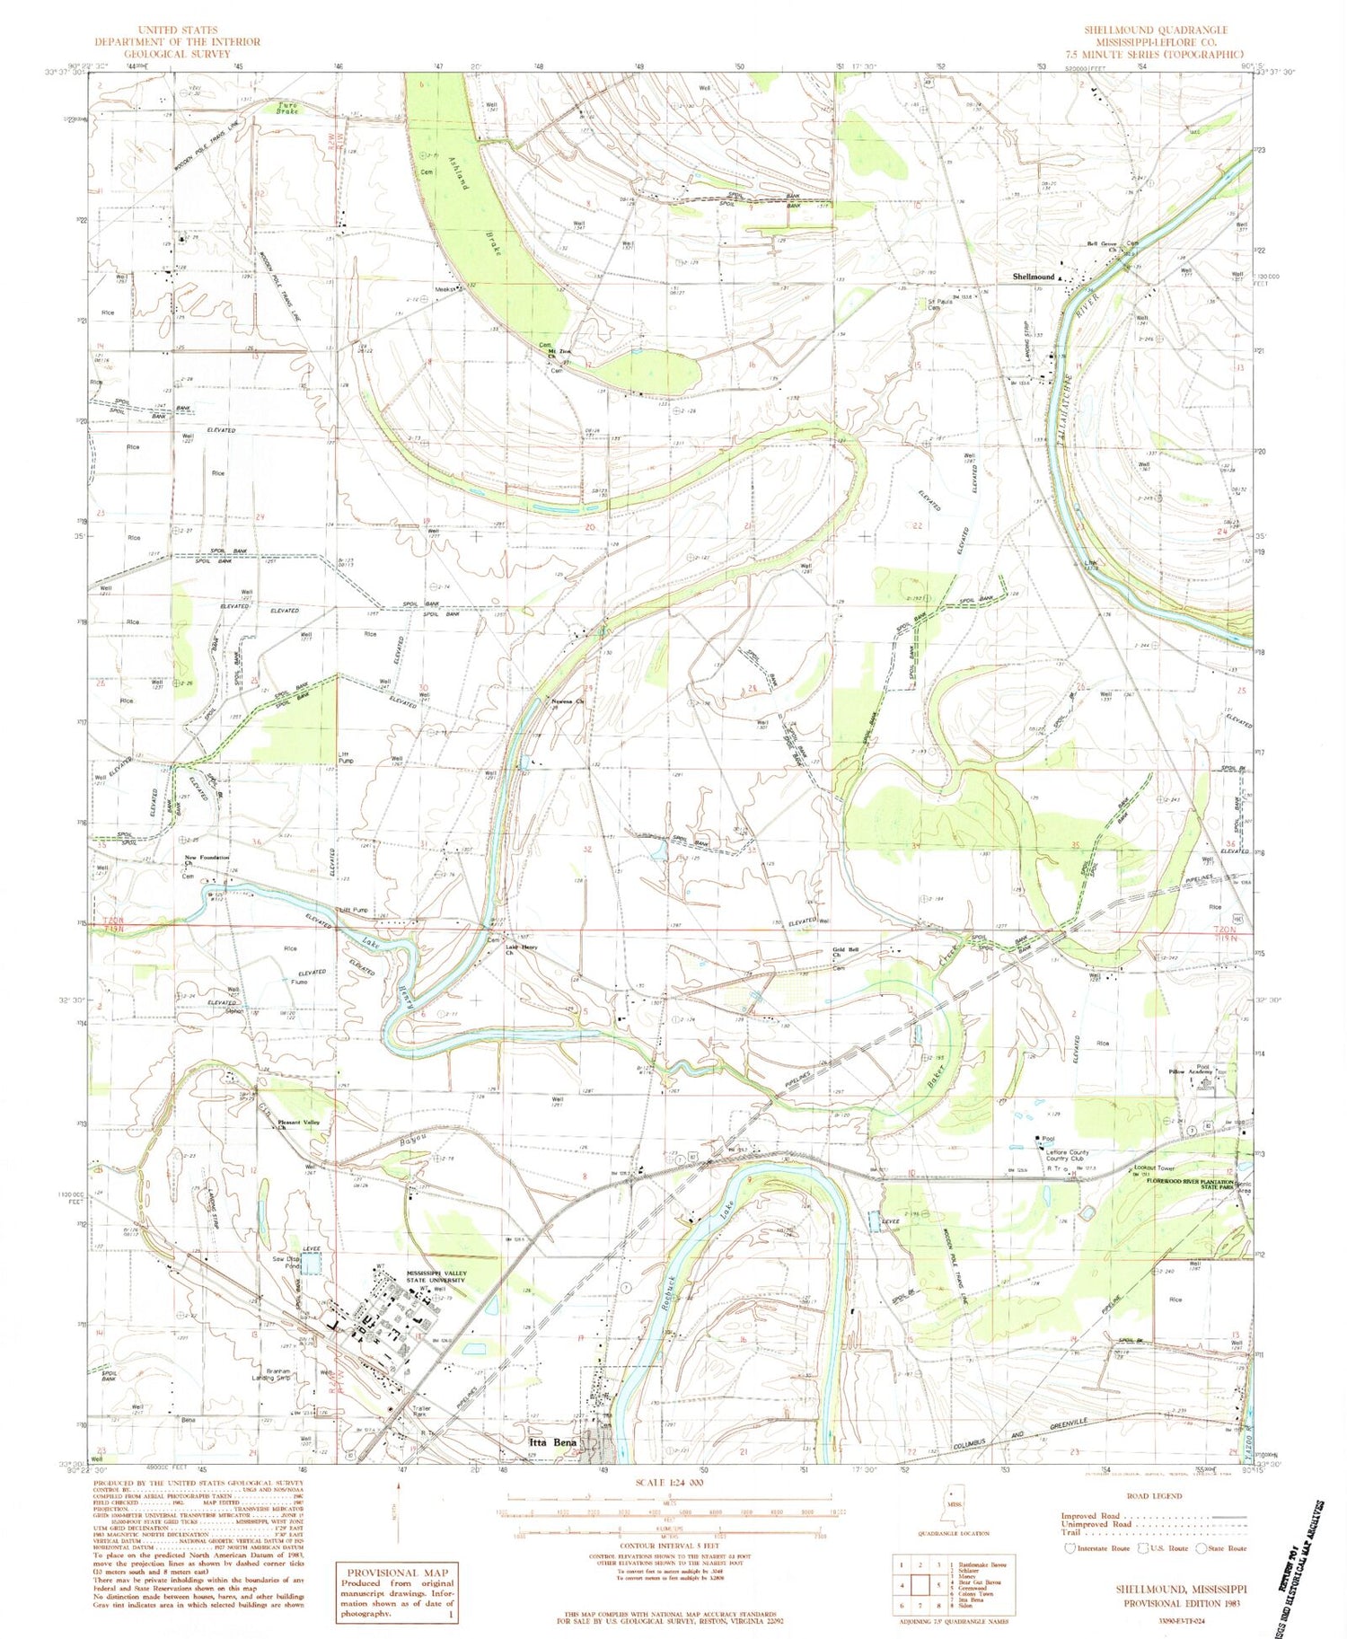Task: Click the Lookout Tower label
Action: click(x=1154, y=1168)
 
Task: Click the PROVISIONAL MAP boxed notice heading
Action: click(x=395, y=1572)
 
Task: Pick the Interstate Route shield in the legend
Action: click(x=1070, y=1548)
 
